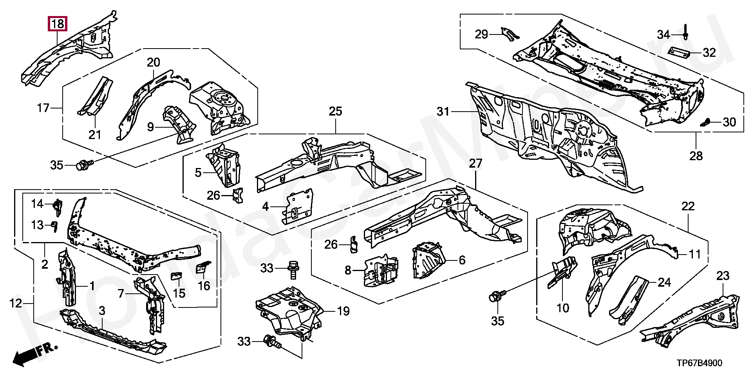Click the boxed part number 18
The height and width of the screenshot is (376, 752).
[58, 24]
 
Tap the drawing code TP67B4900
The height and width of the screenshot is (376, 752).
[699, 363]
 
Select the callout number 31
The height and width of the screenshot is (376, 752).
[443, 112]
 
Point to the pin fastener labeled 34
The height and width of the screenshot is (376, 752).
[686, 31]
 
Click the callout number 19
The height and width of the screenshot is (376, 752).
[343, 312]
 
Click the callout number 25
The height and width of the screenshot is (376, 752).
[335, 111]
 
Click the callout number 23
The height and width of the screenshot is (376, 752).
[723, 276]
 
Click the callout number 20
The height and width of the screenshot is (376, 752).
[154, 62]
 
